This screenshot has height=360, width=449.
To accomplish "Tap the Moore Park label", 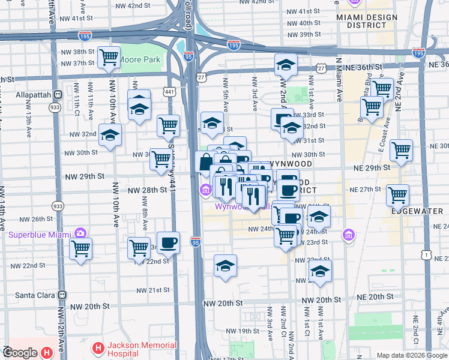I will pos(140,60).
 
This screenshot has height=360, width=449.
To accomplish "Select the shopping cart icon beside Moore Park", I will pos(109,58).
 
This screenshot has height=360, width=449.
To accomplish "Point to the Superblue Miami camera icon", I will pos(79,233).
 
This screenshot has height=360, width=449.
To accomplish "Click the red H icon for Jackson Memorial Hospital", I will pos(98,348).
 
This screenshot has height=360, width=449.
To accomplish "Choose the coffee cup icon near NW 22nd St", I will pos(168,242).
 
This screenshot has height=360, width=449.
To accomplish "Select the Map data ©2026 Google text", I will pos(412,355).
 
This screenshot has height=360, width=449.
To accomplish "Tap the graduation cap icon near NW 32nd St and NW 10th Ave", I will pos(110,136).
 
